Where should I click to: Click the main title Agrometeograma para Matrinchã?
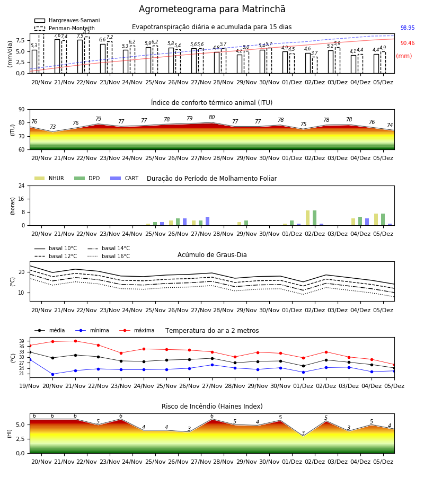[x=212, y=9]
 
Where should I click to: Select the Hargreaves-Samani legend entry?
[x=67, y=20]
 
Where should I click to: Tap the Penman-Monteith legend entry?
[x=65, y=28]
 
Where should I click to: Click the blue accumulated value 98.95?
[x=408, y=28]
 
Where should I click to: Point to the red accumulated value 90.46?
[x=408, y=43]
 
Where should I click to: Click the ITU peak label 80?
[x=211, y=118]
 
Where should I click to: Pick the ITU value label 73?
[x=52, y=127]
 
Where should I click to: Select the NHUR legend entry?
[x=49, y=178]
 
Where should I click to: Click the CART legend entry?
[x=125, y=178]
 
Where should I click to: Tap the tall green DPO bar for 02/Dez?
[x=314, y=218]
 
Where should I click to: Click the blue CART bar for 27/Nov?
[x=207, y=221]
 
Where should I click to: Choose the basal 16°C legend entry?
[x=109, y=256]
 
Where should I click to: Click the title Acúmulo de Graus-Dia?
[x=212, y=254]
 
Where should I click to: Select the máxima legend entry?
[x=137, y=330]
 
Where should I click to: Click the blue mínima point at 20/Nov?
[x=52, y=374]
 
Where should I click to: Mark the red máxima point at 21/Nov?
[x=75, y=341]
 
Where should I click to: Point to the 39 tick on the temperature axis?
[x=22, y=341]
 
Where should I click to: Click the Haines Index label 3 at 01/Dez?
[x=303, y=433]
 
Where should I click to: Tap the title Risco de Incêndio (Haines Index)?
[x=212, y=407]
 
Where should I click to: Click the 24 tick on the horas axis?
[x=22, y=185]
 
